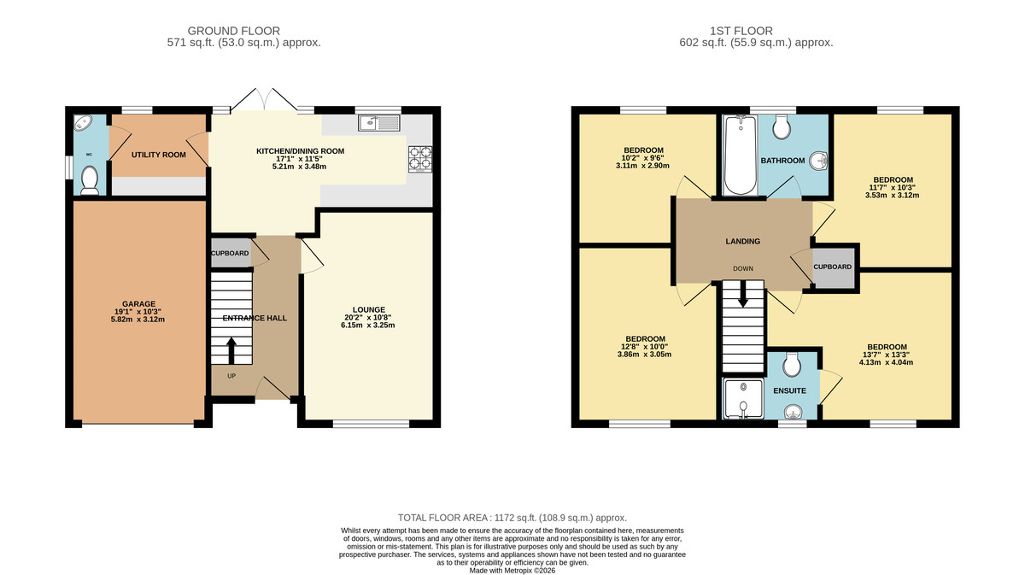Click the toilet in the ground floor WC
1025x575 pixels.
pyautogui.click(x=89, y=179)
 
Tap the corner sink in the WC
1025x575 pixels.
pyautogui.click(x=82, y=123)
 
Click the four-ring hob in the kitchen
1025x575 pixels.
pyautogui.click(x=419, y=158)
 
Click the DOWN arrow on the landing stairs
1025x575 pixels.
pyautogui.click(x=742, y=295)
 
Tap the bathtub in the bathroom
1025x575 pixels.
pyautogui.click(x=739, y=156)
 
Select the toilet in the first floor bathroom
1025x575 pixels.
pyautogui.click(x=782, y=128)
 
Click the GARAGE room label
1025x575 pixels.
pyautogui.click(x=138, y=303)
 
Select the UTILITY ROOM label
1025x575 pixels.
pyautogui.click(x=158, y=155)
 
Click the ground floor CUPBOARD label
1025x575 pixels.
pyautogui.click(x=231, y=254)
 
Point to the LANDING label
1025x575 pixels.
pyautogui.click(x=742, y=242)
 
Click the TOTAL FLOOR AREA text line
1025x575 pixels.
pyautogui.click(x=512, y=518)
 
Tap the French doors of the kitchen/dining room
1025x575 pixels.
pyautogui.click(x=265, y=101)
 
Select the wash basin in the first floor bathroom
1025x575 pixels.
pyautogui.click(x=817, y=160)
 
